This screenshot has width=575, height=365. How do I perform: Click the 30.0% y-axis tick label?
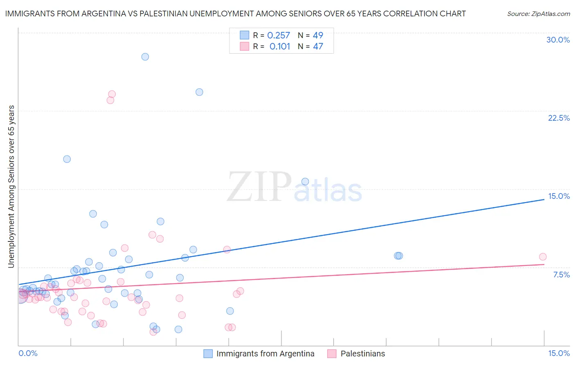pyautogui.click(x=558, y=40)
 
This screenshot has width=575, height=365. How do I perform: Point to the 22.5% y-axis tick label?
pyautogui.click(x=559, y=118)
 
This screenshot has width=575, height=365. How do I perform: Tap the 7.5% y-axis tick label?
pyautogui.click(x=561, y=275)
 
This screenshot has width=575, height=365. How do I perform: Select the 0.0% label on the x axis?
pyautogui.click(x=28, y=353)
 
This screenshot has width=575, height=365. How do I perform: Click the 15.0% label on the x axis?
pyautogui.click(x=559, y=353)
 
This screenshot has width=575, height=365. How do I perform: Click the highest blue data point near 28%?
pyautogui.click(x=145, y=57)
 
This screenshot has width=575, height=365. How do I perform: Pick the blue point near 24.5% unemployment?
pyautogui.click(x=199, y=92)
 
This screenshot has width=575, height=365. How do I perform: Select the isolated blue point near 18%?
pyautogui.click(x=67, y=159)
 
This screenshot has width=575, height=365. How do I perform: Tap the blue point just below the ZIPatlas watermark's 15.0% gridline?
pyautogui.click(x=305, y=182)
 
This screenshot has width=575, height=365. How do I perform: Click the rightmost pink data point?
pyautogui.click(x=543, y=257)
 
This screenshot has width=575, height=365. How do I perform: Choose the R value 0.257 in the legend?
pyautogui.click(x=279, y=36)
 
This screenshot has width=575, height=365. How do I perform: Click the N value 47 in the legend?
pyautogui.click(x=318, y=47)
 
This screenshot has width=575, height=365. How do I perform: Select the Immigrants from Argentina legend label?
pyautogui.click(x=265, y=354)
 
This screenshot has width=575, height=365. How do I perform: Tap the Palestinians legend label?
pyautogui.click(x=363, y=354)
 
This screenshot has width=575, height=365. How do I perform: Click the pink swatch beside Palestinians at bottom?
pyautogui.click(x=332, y=354)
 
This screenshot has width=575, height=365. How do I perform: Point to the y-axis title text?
pyautogui.click(x=11, y=187)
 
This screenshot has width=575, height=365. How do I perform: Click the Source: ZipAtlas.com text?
pyautogui.click(x=539, y=14)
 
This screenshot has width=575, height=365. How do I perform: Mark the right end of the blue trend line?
pyautogui.click(x=544, y=199)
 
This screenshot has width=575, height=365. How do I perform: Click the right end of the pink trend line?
pyautogui.click(x=544, y=264)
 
